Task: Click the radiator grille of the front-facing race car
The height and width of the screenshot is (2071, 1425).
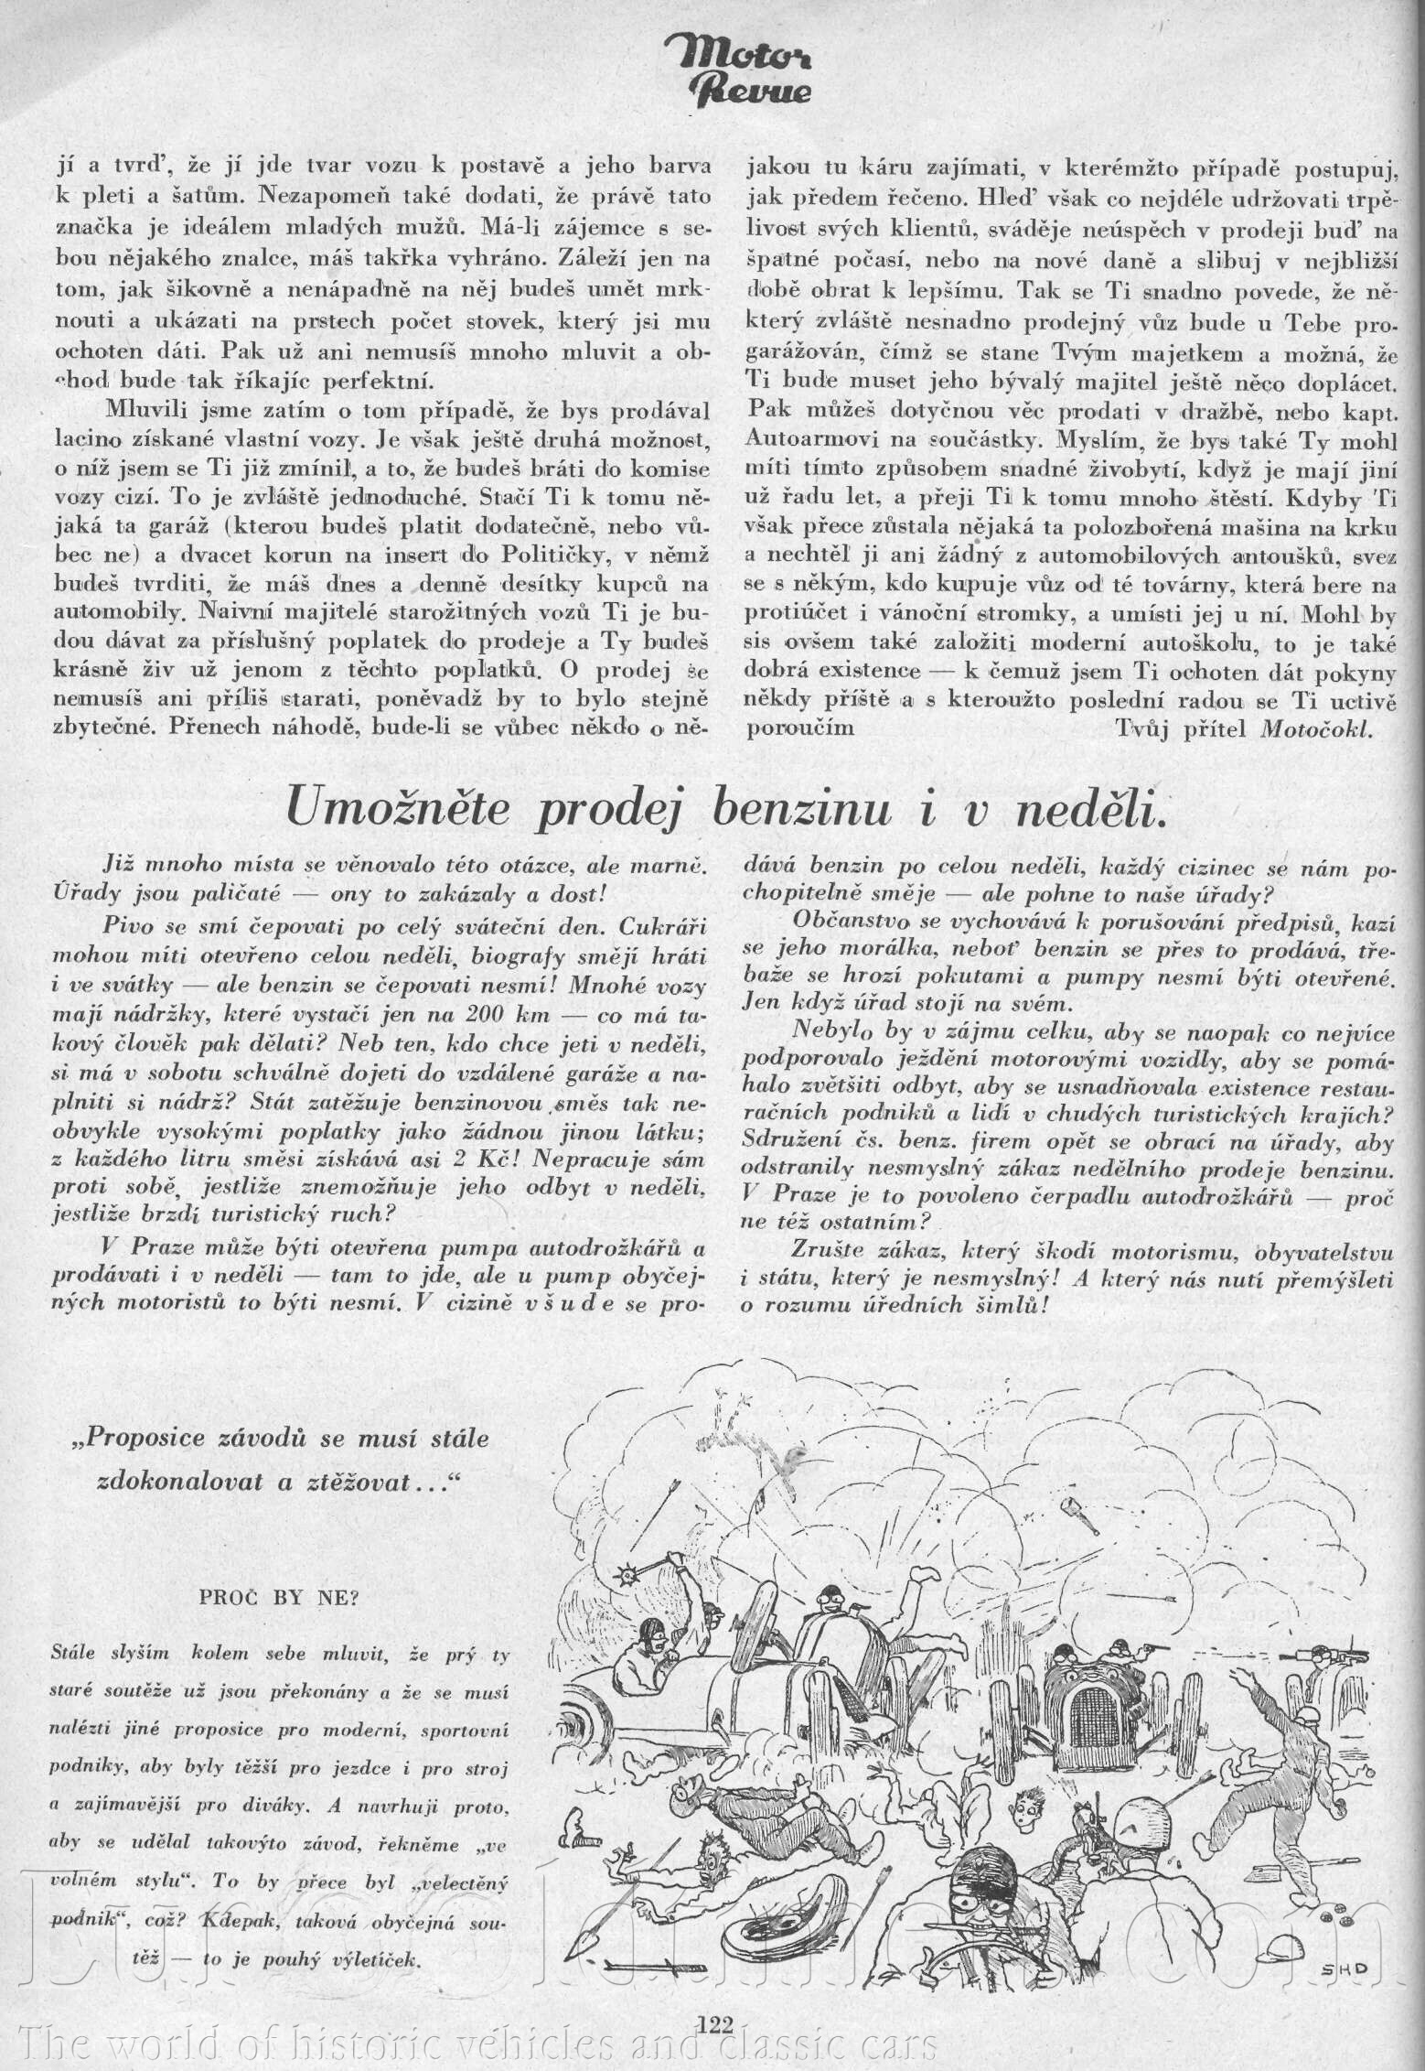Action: [1094, 1711]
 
